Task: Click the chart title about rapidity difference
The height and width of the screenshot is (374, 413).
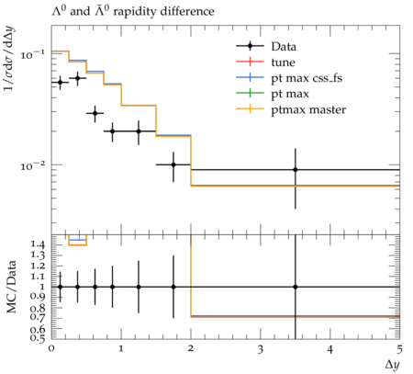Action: coord(133,11)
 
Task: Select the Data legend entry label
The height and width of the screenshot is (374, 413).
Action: coord(284,47)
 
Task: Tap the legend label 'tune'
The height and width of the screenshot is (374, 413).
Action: coord(283,62)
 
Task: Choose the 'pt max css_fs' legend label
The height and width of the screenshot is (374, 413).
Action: coord(307,78)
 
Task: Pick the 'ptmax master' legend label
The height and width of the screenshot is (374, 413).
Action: coord(308,109)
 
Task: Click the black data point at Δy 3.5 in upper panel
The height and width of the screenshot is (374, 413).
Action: coord(296,170)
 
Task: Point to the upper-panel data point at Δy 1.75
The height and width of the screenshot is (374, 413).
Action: coord(173,164)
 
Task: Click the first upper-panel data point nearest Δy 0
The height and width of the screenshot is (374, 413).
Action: coord(61,82)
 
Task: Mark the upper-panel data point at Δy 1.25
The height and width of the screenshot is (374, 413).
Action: coord(139,131)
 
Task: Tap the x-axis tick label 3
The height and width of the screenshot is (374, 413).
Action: coord(261,349)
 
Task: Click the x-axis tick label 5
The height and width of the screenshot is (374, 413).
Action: coord(399,349)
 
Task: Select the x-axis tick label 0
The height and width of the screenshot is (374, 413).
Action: coord(51,349)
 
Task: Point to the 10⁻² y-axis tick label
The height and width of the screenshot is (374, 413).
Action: coord(32,165)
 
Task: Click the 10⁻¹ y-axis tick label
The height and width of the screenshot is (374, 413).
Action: coord(32,55)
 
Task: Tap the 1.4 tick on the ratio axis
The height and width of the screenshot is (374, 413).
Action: coord(38,244)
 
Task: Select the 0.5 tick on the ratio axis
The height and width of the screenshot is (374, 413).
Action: coord(38,338)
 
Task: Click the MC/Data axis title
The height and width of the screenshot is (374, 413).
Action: coord(11,287)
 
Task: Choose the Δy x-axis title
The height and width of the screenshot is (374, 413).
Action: coord(392,365)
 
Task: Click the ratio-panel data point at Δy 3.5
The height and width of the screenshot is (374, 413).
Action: coord(296,287)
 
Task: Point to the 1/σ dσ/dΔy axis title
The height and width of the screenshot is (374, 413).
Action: coord(10,58)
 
